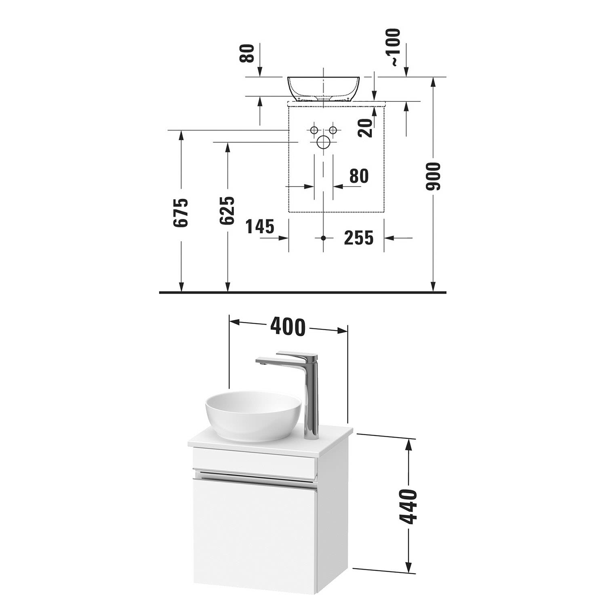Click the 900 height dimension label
click(x=434, y=177)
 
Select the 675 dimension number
click(x=181, y=213)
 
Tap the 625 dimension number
click(x=227, y=210)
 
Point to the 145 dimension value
click(x=260, y=227)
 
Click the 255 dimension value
click(x=358, y=238)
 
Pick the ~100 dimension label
click(x=393, y=47)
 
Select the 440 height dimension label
click(x=408, y=506)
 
